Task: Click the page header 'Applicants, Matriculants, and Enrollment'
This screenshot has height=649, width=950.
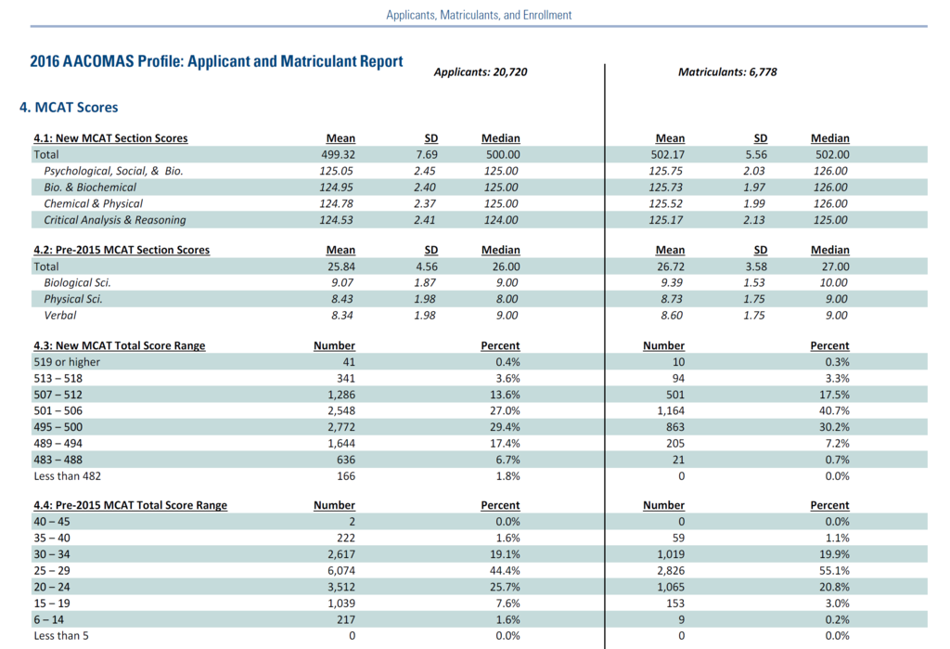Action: click(479, 15)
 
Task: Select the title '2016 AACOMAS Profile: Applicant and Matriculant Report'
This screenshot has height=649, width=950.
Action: click(216, 62)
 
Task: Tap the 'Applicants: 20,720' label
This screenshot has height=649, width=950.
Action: click(481, 71)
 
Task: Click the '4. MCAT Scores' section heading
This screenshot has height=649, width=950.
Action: click(69, 108)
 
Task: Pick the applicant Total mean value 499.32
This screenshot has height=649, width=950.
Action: click(338, 155)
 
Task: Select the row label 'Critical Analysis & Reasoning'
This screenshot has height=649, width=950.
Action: click(114, 220)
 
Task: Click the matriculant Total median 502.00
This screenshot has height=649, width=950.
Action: click(829, 155)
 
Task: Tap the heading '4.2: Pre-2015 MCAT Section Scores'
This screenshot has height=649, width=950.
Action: click(122, 250)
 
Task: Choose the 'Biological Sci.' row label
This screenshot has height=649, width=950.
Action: click(77, 282)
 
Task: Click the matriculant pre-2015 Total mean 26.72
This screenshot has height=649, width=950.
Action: click(670, 266)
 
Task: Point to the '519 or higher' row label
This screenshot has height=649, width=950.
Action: click(67, 362)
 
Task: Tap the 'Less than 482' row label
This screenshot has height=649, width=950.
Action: click(67, 476)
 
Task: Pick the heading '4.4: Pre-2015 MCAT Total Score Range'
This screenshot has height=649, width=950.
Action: click(130, 505)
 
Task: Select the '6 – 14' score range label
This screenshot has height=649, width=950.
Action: click(51, 619)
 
